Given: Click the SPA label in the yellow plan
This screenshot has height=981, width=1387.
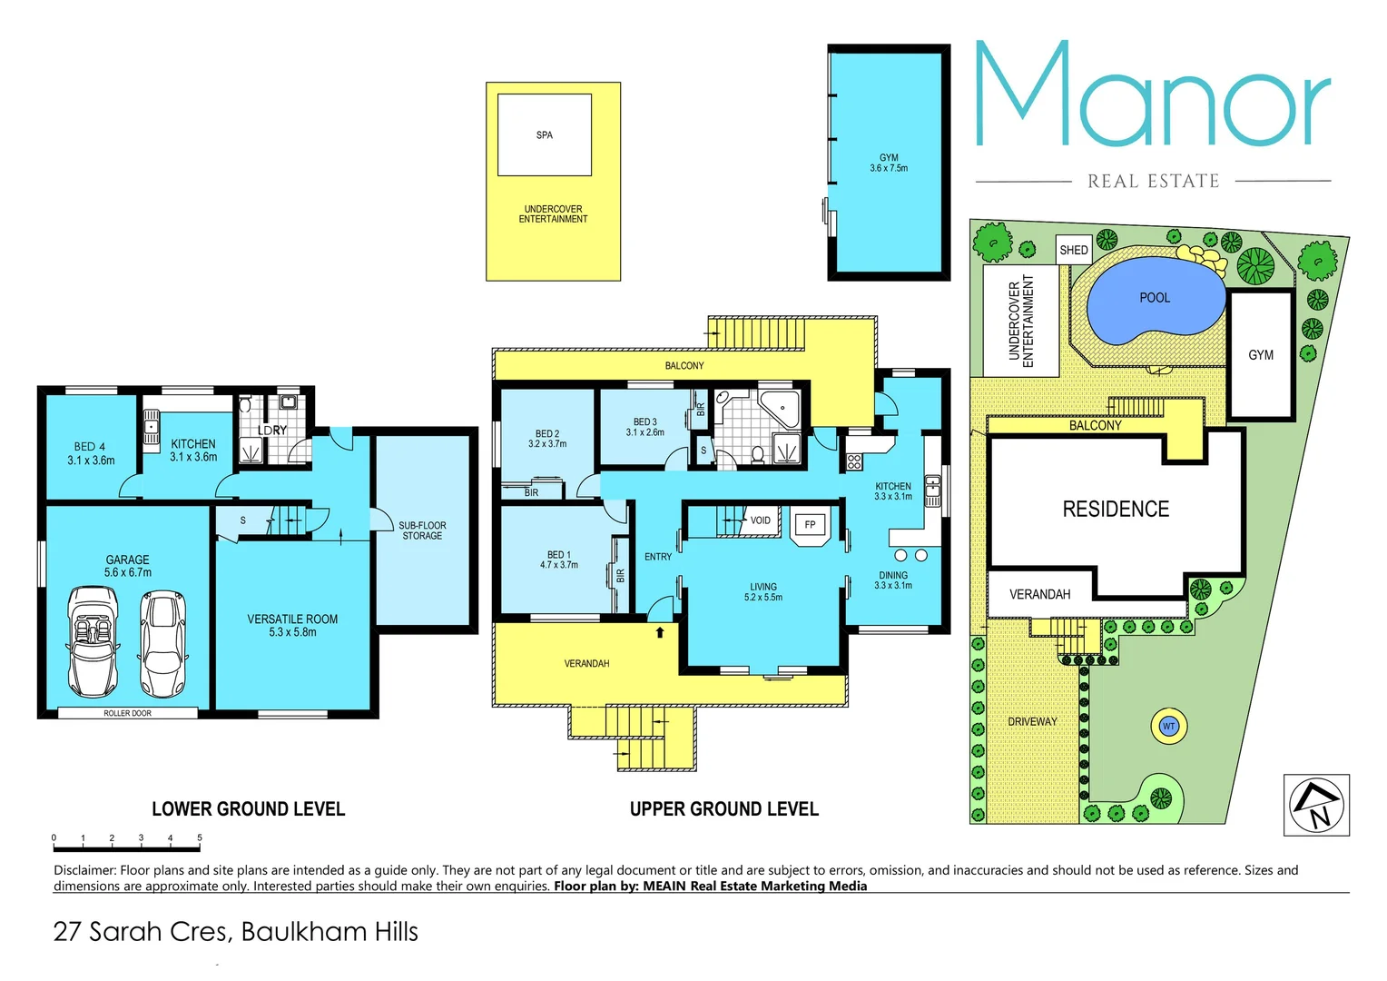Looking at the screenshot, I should (544, 135).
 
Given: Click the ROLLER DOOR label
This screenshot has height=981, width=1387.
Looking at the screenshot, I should (127, 713).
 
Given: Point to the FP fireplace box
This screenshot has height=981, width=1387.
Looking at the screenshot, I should (810, 525).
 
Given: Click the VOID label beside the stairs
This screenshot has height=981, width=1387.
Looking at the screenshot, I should (760, 520).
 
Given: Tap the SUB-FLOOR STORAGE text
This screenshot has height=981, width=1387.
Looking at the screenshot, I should (422, 530).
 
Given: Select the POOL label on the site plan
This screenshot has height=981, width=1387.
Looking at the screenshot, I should (1154, 298).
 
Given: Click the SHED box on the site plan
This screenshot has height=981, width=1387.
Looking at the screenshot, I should (1073, 250).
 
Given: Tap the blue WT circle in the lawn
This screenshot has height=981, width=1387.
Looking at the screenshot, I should (1168, 726).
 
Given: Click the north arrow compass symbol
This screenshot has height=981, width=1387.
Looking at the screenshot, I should (1316, 804).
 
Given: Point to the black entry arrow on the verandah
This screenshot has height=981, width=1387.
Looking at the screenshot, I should (660, 632).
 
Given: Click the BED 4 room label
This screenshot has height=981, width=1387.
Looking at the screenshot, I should (91, 453).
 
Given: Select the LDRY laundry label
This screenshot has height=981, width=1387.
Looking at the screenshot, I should (271, 431).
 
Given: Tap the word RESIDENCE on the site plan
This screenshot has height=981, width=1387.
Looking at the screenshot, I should (1116, 510).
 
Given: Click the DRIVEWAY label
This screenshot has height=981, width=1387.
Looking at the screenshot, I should (1032, 722).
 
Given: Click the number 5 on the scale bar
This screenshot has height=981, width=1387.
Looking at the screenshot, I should (199, 837).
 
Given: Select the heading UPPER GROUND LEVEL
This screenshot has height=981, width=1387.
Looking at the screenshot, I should (723, 809).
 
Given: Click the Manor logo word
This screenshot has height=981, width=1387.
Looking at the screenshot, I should (1153, 96).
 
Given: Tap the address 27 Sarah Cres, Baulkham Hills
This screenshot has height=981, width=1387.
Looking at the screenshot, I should (236, 932).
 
